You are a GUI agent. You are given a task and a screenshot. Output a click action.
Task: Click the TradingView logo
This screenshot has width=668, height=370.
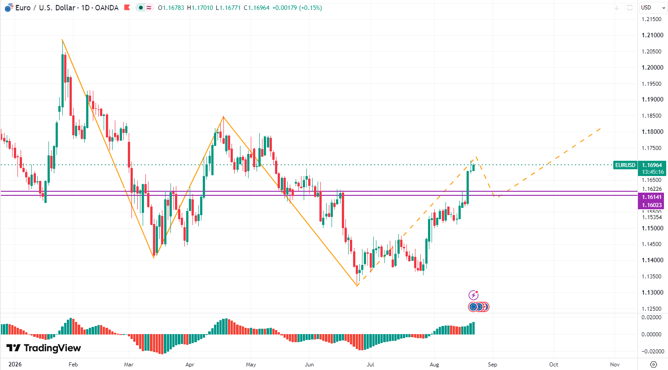coord(44,348)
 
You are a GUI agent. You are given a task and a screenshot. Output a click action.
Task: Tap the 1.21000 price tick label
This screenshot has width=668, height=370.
coord(652,35)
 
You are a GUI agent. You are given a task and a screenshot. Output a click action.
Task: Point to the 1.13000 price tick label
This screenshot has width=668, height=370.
coord(652,292)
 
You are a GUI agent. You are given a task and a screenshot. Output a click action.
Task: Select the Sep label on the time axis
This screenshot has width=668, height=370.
coord(492,364)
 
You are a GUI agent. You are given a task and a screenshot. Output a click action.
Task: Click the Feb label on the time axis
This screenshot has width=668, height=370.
coord(73,364)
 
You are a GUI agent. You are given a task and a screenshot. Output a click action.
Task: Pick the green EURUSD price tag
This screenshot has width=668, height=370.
coord(625,165)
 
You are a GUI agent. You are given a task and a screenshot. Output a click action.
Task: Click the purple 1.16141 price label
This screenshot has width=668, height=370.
coord(652,197)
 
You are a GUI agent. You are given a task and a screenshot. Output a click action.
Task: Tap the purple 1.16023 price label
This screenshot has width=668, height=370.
coord(652,205)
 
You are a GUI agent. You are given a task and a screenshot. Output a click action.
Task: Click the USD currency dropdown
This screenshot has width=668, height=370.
coord(653,8)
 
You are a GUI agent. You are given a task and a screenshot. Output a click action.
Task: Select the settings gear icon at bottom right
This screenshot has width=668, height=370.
coord(653,364)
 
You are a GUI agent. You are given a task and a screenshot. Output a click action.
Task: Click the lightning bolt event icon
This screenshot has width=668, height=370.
coord(473,295)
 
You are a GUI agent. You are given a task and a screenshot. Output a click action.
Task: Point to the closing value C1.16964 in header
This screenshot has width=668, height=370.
coord(257,8)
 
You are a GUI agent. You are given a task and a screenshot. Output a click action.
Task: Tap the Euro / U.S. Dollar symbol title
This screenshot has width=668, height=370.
coord(45,8)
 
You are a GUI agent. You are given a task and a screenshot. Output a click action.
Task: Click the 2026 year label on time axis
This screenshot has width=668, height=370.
coord(15,364)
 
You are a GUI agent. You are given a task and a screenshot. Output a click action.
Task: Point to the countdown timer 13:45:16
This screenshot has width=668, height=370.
coord(653,172)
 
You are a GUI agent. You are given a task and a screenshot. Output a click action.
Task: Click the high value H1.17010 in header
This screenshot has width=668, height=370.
coord(200,8)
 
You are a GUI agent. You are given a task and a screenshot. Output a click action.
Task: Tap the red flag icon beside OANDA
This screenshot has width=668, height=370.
coord(127,8)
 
